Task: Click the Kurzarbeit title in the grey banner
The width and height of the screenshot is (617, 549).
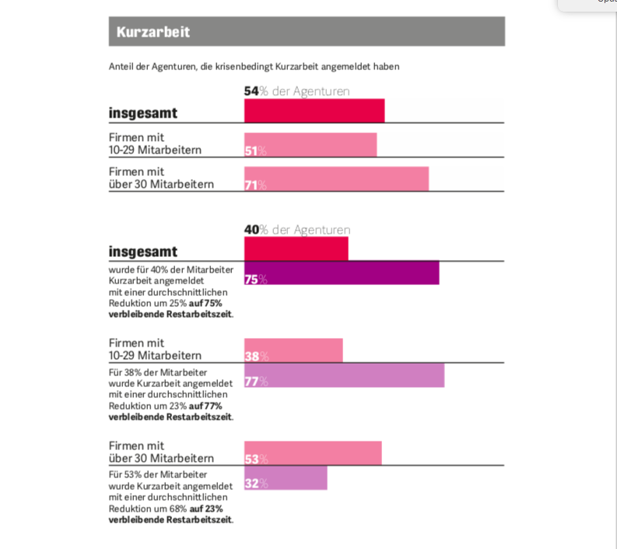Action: coord(153,32)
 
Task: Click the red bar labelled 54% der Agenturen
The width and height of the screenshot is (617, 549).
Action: coord(314,111)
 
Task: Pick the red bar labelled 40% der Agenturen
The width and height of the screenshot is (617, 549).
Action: coord(296,248)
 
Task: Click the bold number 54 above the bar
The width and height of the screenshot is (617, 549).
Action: coord(251,91)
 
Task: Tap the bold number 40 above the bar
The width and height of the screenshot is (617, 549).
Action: coord(251,230)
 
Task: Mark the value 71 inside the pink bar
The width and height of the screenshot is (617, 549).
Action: coord(251,185)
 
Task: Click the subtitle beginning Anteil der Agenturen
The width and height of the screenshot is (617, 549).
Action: coord(254,67)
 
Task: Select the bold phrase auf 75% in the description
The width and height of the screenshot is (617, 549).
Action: coord(205,303)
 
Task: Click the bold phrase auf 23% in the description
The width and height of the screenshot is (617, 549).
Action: coord(206,509)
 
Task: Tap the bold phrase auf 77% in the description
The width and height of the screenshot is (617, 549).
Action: coord(206,406)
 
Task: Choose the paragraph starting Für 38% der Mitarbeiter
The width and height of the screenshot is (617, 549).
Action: coord(170,395)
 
